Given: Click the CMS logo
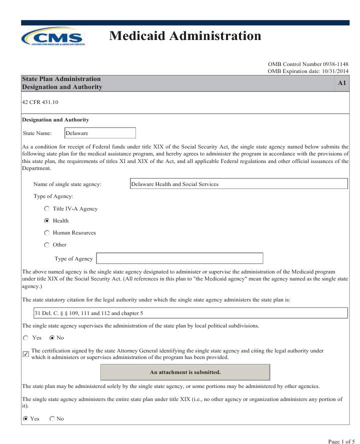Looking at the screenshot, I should click(52, 37).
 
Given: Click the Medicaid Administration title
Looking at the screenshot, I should click(185, 36).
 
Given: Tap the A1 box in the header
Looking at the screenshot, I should click(342, 83).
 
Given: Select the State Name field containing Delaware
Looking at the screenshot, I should click(100, 133).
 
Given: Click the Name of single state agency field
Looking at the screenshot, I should click(238, 184).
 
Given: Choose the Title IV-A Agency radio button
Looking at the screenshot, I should click(47, 208).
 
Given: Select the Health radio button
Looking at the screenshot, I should click(47, 220).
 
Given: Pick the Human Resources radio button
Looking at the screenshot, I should click(47, 232).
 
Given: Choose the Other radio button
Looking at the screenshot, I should click(47, 244).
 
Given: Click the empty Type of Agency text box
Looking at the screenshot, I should click(179, 258).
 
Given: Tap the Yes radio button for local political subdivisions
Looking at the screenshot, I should click(26, 337).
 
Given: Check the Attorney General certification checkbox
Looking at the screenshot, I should click(26, 354).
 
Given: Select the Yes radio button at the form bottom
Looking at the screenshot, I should click(26, 418).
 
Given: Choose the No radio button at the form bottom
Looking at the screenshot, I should click(52, 418).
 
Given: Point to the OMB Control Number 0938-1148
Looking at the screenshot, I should click(308, 64).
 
